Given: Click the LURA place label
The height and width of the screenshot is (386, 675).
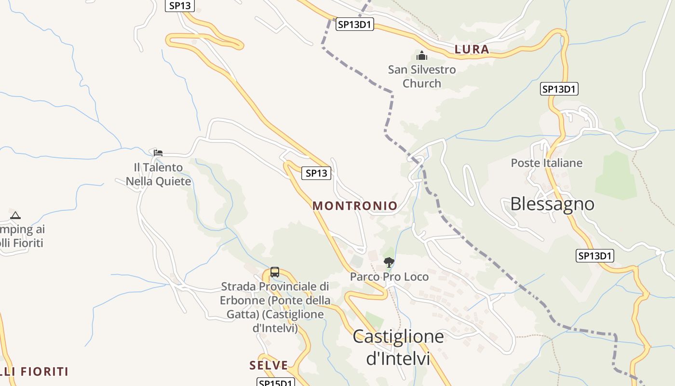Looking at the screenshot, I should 472,49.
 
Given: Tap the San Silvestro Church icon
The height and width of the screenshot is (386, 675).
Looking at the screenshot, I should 422,56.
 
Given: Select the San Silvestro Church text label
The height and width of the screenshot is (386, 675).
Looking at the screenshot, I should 422,76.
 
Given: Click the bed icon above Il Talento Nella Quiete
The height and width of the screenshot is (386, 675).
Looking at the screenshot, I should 158,153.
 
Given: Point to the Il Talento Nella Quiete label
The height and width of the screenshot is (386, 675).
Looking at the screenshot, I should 158,174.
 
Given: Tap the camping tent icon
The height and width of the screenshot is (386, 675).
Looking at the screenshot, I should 15,215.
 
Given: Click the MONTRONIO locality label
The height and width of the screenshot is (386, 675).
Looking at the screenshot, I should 355,206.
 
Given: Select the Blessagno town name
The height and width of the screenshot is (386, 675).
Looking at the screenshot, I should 552,204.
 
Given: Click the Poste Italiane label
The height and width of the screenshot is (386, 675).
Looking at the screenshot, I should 546,163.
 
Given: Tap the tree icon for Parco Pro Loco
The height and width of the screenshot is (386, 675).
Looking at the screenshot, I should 389,262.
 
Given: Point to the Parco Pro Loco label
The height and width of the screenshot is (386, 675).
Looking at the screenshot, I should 389,277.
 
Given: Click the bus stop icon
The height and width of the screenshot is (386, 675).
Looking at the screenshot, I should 275,272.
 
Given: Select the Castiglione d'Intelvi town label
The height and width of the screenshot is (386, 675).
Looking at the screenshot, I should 398,347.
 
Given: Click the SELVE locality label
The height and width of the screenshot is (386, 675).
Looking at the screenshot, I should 269,365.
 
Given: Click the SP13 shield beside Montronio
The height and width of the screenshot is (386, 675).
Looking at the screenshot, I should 316,173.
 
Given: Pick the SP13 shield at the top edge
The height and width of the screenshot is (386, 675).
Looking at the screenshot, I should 179,5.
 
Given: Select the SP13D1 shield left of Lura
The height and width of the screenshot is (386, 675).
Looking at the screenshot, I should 355,24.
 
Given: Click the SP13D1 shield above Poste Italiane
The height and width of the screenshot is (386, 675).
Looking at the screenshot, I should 559,89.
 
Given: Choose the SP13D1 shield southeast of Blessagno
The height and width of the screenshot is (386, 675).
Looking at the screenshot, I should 595,256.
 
